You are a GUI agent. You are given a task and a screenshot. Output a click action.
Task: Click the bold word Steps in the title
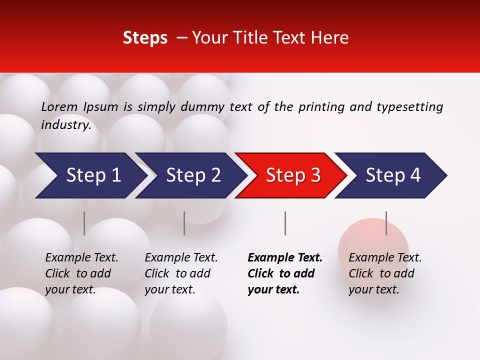tap(145, 38)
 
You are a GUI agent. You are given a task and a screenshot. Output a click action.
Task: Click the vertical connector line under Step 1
tap(84, 223)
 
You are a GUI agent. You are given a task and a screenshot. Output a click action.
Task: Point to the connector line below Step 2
tap(184, 223)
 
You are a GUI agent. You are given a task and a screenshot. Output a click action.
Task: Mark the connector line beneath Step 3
tap(285, 223)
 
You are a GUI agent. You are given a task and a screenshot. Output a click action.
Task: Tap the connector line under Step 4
tap(386, 223)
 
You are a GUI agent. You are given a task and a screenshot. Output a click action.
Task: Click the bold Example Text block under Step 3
tap(285, 273)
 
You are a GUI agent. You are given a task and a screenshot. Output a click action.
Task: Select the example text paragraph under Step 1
tap(81, 273)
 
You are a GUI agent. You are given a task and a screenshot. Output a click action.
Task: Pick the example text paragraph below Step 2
tap(181, 273)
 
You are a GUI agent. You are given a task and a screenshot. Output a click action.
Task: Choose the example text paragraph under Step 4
tap(385, 273)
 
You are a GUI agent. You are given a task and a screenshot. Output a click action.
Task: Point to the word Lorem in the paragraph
tap(59, 106)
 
